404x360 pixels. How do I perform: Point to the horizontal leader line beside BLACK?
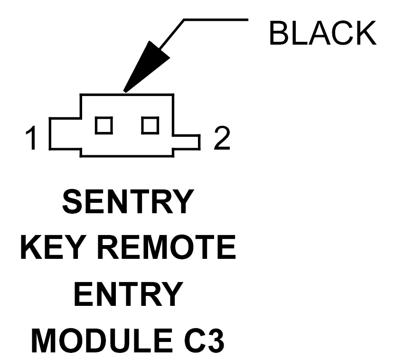coord(216,20)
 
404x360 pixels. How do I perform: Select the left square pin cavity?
coord(104,125)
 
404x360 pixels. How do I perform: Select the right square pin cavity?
coord(150,125)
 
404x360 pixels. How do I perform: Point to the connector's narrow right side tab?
coord(187,141)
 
